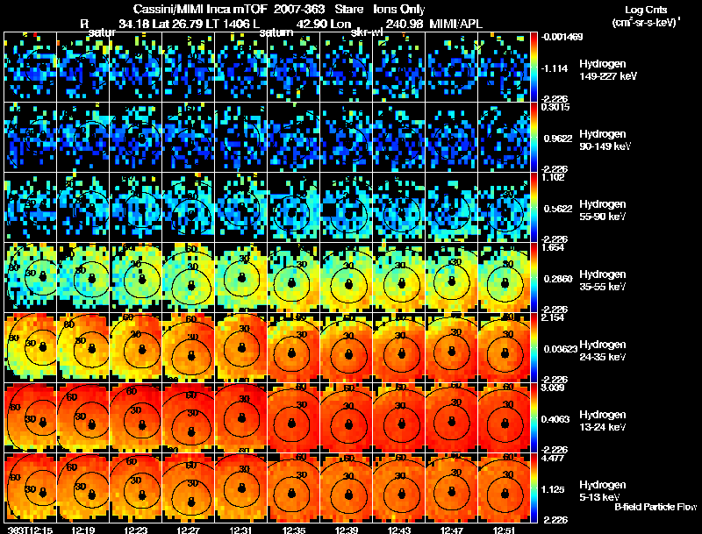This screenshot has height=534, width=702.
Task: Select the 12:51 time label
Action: (x=509, y=529)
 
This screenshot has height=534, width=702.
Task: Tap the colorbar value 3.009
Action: (x=555, y=387)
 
